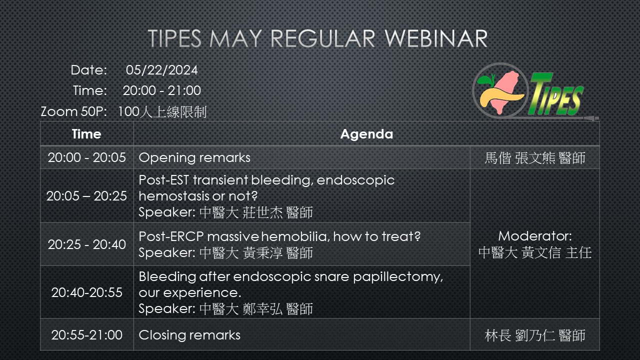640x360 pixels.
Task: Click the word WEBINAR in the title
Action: pyautogui.click(x=436, y=38)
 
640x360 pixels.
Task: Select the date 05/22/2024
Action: pyautogui.click(x=161, y=70)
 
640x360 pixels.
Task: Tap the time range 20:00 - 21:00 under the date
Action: pyautogui.click(x=161, y=90)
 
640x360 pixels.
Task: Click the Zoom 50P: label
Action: pyautogui.click(x=73, y=111)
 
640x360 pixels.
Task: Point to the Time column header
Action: pyautogui.click(x=86, y=134)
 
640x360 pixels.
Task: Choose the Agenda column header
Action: pyautogui.click(x=366, y=134)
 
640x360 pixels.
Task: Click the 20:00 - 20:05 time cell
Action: pyautogui.click(x=86, y=157)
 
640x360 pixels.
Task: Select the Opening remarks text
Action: pyautogui.click(x=194, y=157)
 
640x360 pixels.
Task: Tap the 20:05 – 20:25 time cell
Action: pyautogui.click(x=86, y=196)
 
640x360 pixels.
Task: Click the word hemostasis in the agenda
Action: pyautogui.click(x=174, y=196)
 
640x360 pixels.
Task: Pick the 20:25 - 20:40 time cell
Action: pyautogui.click(x=86, y=244)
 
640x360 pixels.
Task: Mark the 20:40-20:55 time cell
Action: pyautogui.click(x=86, y=292)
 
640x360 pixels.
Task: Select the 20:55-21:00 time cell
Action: pyautogui.click(x=86, y=335)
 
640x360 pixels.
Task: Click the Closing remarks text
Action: pyautogui.click(x=189, y=335)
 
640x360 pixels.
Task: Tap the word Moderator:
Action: pyautogui.click(x=535, y=236)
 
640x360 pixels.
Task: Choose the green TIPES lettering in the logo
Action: pyautogui.click(x=555, y=94)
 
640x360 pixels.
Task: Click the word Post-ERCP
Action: pyautogui.click(x=171, y=236)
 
